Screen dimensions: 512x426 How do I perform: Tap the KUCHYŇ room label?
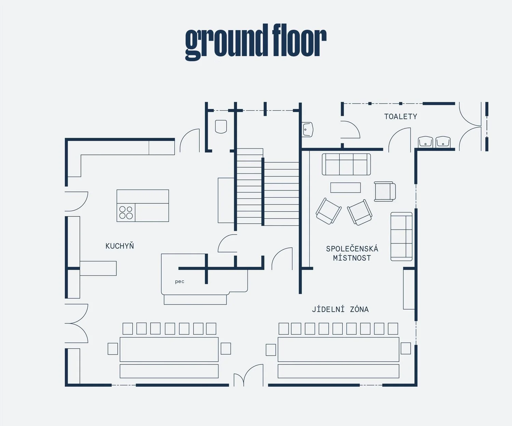[119, 246]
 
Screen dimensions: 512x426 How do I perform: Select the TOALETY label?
[401, 117]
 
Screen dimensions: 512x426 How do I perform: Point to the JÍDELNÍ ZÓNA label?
[340, 309]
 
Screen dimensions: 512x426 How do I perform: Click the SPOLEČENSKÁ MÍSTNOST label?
[352, 253]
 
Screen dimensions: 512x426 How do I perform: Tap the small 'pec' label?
[180, 281]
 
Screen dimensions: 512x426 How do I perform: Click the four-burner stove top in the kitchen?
[126, 212]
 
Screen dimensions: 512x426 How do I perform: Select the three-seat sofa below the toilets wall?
[346, 164]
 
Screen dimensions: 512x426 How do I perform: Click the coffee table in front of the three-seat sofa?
[345, 188]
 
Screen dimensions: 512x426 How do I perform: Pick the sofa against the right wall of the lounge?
[401, 237]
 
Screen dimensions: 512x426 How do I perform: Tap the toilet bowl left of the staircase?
[221, 127]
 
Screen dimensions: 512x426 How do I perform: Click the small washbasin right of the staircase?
[308, 130]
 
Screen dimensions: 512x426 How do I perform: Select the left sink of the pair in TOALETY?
[425, 142]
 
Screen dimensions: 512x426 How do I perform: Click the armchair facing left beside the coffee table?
[385, 191]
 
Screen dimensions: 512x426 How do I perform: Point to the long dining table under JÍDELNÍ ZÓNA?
[338, 349]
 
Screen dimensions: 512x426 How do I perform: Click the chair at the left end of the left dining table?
[113, 349]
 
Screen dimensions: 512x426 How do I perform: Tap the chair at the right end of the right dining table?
[406, 348]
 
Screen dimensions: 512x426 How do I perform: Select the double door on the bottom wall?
[248, 376]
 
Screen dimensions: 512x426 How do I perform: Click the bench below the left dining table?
[169, 371]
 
